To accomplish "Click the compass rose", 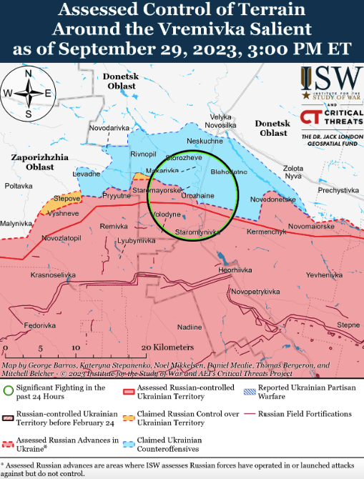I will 27,93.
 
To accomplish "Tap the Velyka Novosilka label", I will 220,121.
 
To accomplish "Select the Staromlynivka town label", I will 200,232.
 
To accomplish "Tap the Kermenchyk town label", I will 266,233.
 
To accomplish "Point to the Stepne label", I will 348,325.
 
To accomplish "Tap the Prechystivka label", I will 338,190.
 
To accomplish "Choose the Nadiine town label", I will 190,327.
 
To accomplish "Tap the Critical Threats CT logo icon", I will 309,117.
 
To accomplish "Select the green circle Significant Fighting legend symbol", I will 9,390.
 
